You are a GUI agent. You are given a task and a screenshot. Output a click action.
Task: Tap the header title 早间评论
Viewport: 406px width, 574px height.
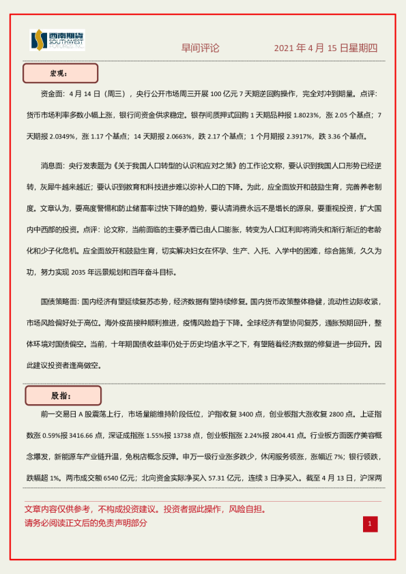201,48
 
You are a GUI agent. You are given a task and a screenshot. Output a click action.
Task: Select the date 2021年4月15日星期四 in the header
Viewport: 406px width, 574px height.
325,48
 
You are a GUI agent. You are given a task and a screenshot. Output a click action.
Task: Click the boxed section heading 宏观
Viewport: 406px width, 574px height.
60,74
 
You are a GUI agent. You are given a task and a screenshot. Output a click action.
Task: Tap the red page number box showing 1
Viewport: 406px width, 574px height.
369,524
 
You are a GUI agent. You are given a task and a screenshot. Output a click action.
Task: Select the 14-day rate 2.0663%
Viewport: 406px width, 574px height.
175,136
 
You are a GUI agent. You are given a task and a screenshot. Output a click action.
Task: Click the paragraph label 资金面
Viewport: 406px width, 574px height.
53,93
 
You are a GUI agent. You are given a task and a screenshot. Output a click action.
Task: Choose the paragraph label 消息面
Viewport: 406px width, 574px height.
53,165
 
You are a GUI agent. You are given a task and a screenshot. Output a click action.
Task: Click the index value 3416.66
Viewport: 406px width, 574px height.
83,435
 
